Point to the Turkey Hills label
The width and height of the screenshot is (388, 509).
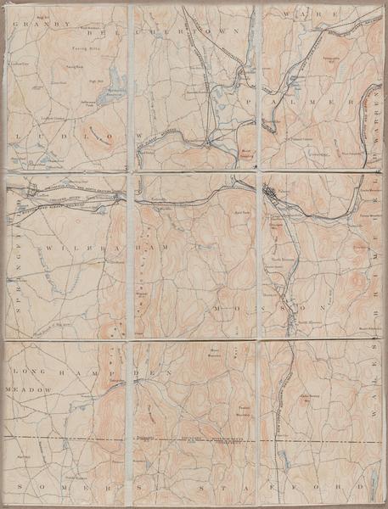[76, 52]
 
